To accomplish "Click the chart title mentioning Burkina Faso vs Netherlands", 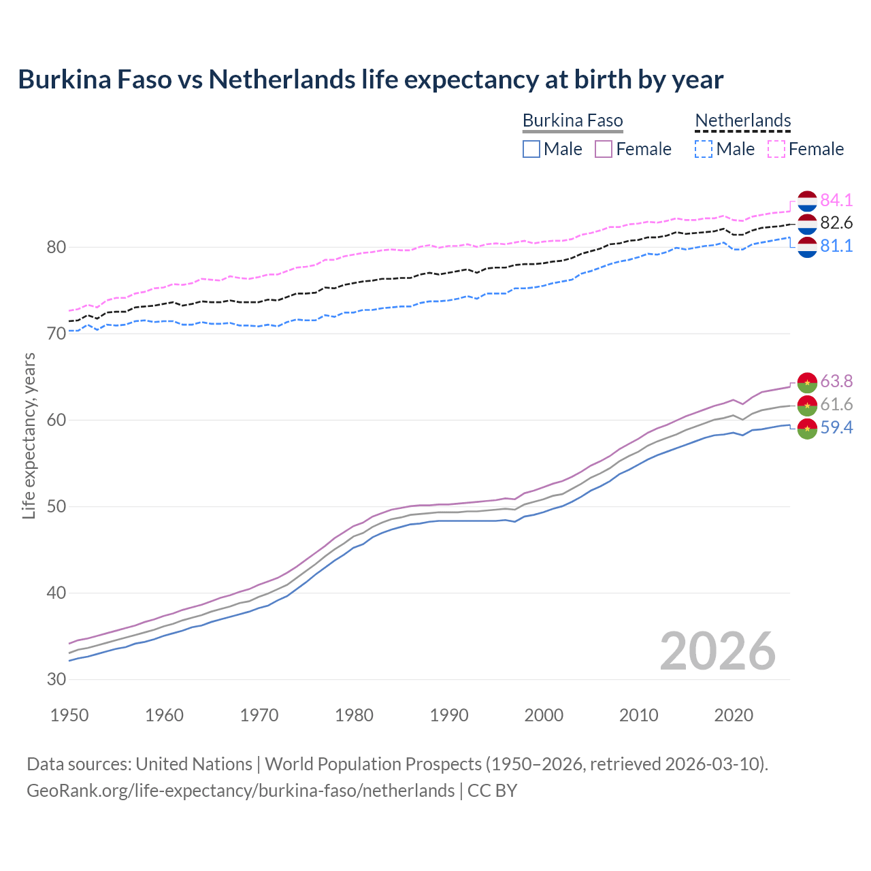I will pos(370,80).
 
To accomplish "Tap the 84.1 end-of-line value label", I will pos(836,200).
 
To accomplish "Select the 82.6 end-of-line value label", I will pos(836,223).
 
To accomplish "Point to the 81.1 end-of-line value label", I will pos(836,246).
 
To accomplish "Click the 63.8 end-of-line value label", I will pos(836,381).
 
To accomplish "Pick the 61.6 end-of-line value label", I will pos(836,405).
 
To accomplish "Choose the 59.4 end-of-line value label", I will pos(836,428).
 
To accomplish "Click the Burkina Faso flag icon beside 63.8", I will pos(807,382).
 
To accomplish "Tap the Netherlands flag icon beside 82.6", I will pos(807,224).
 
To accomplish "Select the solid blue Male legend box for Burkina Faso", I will pos(531,149).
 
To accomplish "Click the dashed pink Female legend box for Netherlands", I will pos(776,149).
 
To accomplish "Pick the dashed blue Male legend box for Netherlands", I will pos(704,149).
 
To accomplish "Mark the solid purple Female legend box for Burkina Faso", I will pos(604,149).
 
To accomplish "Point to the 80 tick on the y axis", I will pos(56,247).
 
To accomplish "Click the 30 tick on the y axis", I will pos(56,679).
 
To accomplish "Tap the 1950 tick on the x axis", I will pos(69,715).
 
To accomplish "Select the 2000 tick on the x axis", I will pos(544,715).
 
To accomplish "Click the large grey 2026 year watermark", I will pos(717,651).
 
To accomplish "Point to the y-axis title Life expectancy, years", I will pos(29,435).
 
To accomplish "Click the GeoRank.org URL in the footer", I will pos(240,791).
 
